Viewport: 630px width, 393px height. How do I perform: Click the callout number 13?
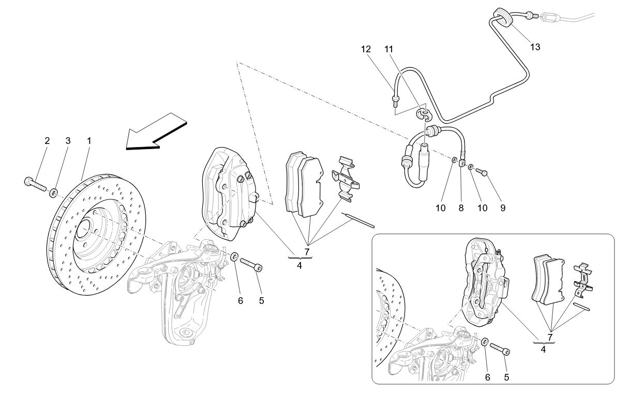tap(535, 47)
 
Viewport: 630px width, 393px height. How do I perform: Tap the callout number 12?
tap(366, 50)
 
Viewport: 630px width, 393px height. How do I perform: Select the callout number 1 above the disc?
tap(89, 140)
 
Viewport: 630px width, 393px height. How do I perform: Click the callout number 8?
tap(461, 208)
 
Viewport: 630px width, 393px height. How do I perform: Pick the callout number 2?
tap(47, 140)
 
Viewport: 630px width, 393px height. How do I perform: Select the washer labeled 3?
tap(53, 194)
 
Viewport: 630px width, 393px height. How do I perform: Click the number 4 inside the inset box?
tap(543, 350)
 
